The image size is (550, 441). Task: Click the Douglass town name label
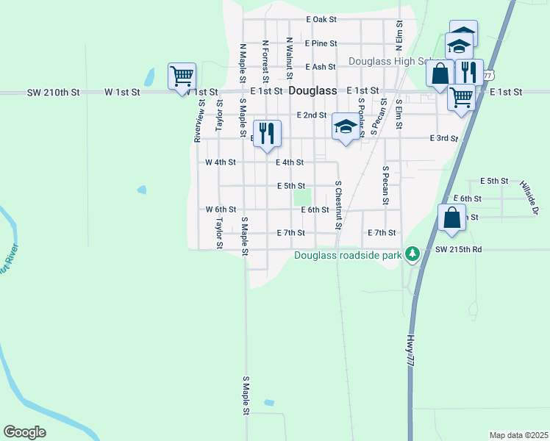tap(313, 91)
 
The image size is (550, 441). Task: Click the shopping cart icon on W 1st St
tap(182, 76)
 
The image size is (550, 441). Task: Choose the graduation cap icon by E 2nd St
tap(345, 127)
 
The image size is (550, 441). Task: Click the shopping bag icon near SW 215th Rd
tap(451, 218)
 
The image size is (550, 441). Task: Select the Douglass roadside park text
tap(349, 256)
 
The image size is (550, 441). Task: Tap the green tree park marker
tap(413, 254)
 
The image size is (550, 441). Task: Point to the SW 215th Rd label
tap(458, 250)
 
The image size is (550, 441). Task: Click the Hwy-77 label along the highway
tap(410, 351)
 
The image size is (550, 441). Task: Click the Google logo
tap(25, 432)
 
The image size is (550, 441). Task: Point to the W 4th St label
tap(220, 162)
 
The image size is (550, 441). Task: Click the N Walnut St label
tap(290, 59)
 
